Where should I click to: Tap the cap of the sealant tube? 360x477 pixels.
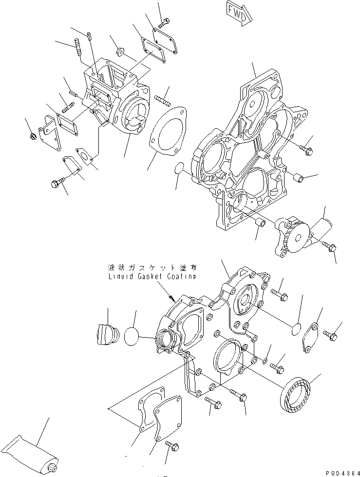(53, 468)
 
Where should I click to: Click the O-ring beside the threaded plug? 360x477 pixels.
(132, 337)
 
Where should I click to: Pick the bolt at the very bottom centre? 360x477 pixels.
(172, 445)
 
